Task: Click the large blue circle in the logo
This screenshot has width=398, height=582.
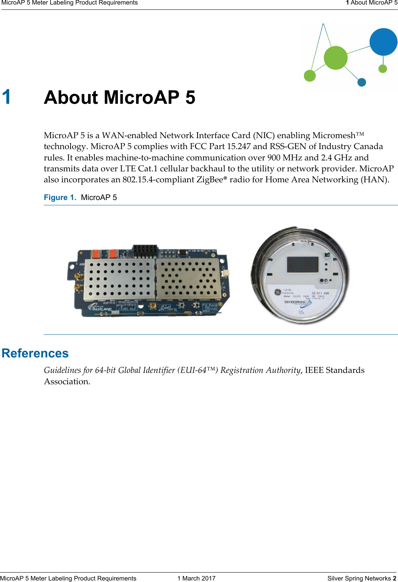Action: tap(383, 42)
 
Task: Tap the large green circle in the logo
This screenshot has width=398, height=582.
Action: tap(335, 58)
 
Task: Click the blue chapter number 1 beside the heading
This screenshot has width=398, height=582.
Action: tap(6, 97)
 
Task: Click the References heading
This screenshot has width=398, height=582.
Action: tap(35, 353)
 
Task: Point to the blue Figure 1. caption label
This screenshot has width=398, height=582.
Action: tap(60, 197)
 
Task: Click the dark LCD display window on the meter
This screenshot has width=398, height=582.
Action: tap(302, 264)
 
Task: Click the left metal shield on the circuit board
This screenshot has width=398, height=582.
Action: tap(119, 279)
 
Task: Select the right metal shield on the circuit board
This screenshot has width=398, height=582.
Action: tap(188, 278)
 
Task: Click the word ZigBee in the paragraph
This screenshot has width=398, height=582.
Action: tap(210, 180)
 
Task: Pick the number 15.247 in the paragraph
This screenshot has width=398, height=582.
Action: tap(239, 146)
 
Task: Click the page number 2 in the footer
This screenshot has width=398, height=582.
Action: tap(394, 578)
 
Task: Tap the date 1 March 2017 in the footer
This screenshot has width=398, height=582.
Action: tap(196, 578)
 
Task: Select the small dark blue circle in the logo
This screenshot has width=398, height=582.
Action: tap(362, 82)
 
